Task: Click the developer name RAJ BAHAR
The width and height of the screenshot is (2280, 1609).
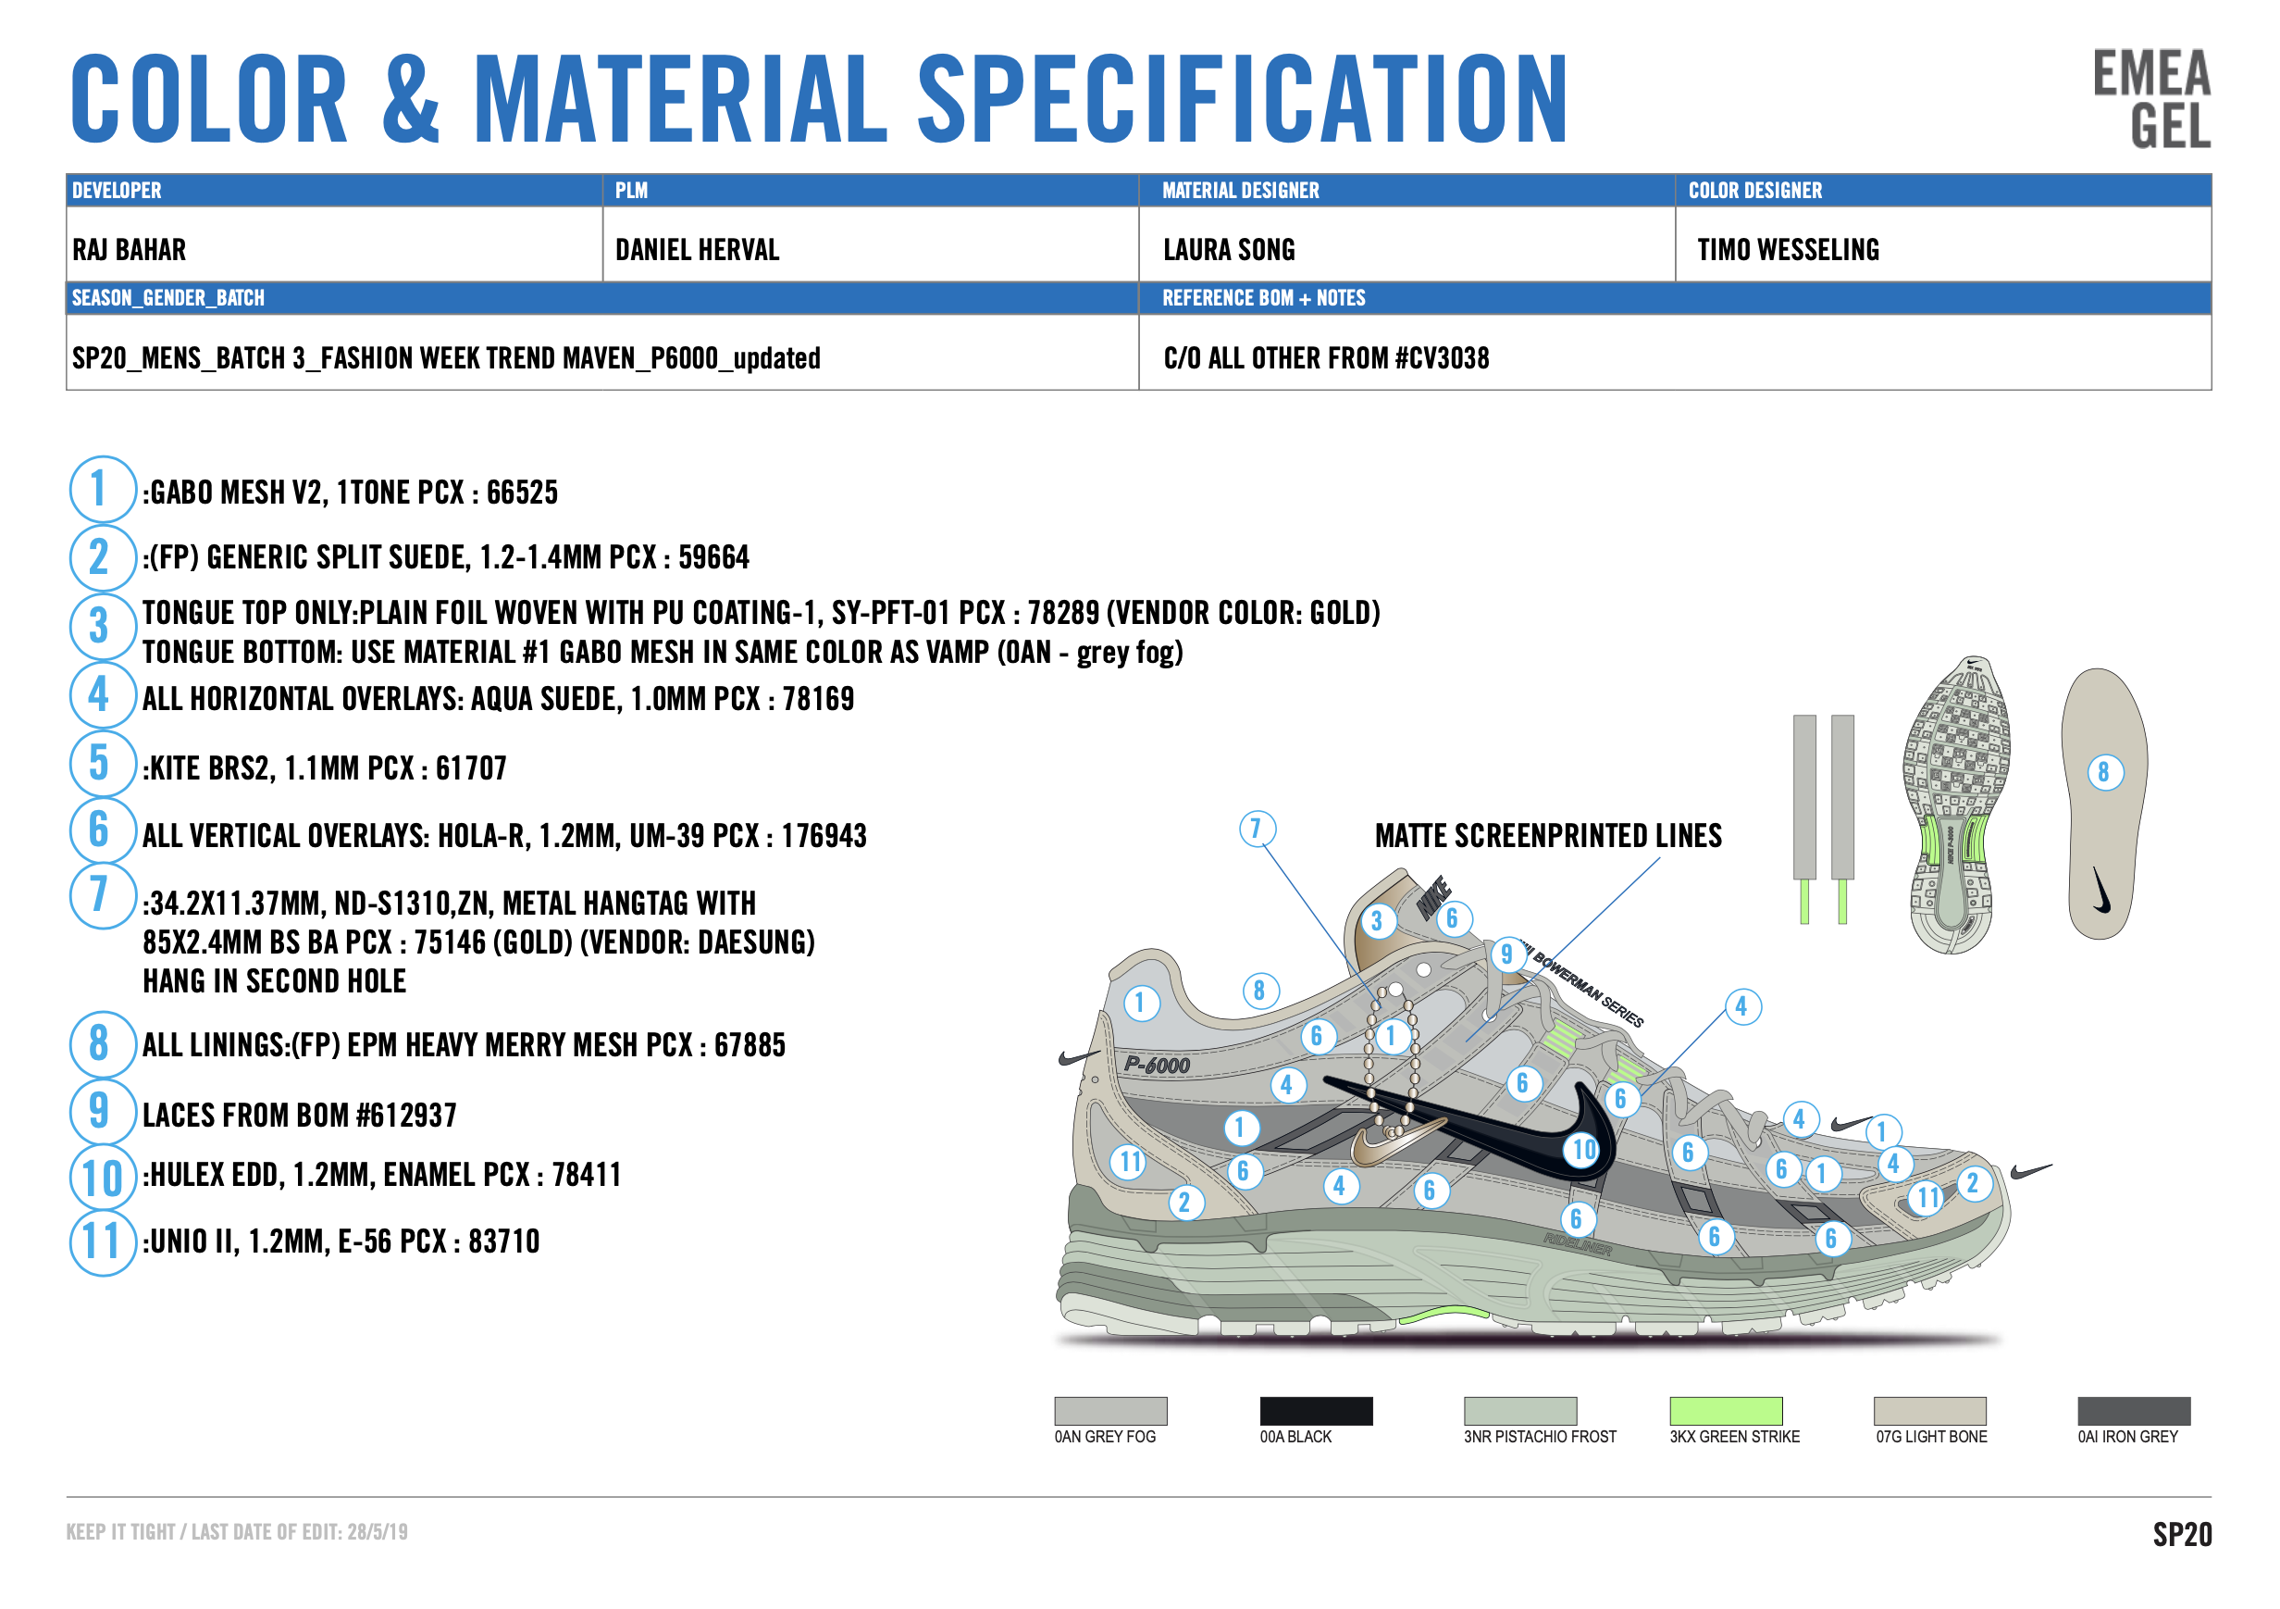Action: [130, 249]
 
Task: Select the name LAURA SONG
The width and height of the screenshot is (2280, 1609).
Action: [1229, 249]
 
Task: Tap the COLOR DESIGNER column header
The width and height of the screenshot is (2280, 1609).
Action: [1754, 190]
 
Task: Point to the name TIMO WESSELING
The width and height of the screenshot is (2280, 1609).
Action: [1788, 249]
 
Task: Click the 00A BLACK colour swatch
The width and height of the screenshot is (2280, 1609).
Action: [1316, 1410]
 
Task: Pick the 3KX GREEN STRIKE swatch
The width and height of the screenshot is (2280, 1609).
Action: [1726, 1410]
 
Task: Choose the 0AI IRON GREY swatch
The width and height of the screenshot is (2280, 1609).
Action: [2134, 1410]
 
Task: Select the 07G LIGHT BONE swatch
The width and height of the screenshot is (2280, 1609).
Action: [1929, 1410]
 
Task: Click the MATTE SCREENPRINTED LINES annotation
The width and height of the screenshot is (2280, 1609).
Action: [1548, 836]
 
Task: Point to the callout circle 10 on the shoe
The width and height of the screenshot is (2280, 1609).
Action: [1583, 1149]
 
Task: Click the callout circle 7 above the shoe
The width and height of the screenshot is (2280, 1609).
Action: [1258, 828]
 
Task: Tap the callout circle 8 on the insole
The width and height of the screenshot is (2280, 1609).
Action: [2104, 772]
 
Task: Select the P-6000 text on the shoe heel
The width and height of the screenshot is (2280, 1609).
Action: [1157, 1065]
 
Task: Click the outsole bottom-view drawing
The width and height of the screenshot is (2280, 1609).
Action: [1956, 804]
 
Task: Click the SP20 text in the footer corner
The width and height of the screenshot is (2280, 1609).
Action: [2182, 1535]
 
